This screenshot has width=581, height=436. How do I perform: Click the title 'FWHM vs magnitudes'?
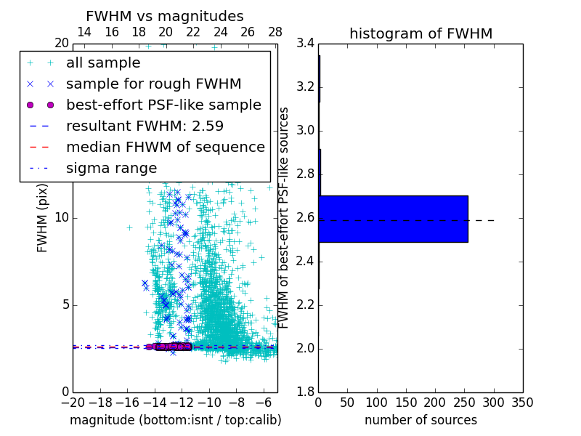tap(164, 16)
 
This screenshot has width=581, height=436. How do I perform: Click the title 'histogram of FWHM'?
tap(420, 33)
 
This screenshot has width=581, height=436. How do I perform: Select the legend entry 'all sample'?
tap(103, 63)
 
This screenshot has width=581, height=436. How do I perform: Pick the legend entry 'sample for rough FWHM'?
tap(153, 84)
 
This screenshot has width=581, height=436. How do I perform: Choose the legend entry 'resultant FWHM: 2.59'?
tap(145, 126)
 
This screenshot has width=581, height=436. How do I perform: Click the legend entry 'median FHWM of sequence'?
tap(165, 148)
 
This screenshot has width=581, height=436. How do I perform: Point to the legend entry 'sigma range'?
tap(111, 169)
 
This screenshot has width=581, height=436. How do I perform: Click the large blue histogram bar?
tap(393, 219)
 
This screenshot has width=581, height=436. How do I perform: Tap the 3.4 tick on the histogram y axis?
tap(305, 44)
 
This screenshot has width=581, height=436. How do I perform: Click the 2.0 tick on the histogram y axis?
tap(305, 349)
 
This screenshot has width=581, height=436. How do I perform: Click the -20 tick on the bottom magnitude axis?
tap(73, 403)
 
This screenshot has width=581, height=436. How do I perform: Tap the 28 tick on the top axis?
tap(275, 32)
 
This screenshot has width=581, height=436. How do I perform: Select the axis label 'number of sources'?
tap(420, 420)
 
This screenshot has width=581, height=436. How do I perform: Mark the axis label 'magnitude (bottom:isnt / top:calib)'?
tap(176, 420)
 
